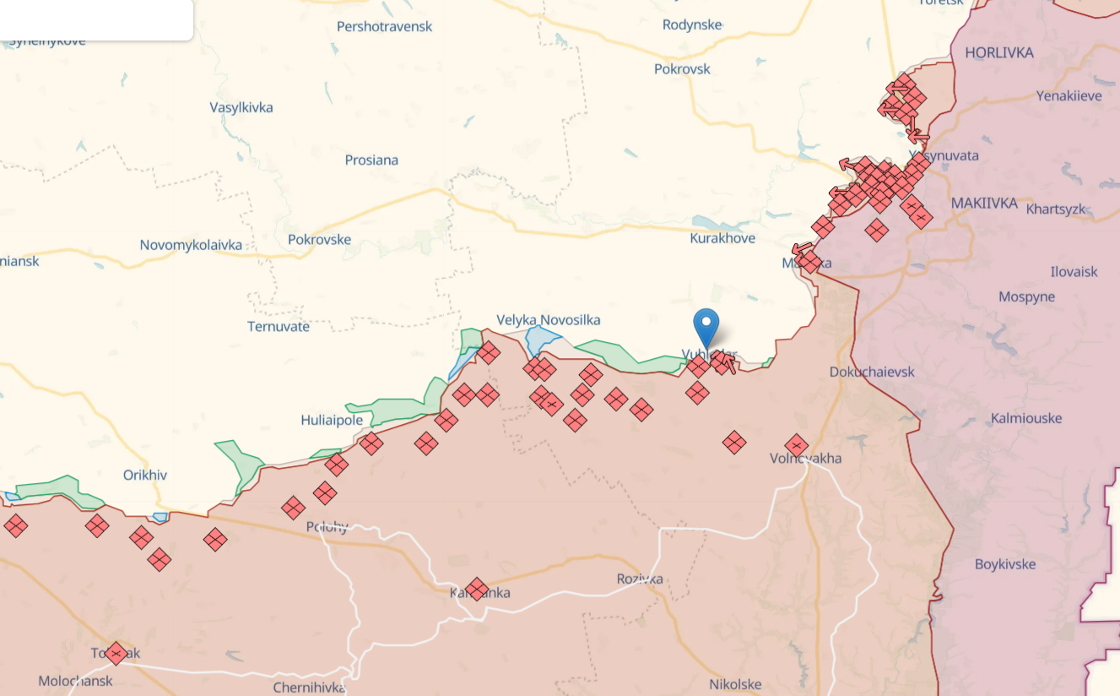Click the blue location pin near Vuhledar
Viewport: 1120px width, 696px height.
pos(706,326)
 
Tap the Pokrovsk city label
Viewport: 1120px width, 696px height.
pos(682,69)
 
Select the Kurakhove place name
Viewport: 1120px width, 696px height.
pos(722,239)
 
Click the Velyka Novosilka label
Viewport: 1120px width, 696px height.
pos(549,319)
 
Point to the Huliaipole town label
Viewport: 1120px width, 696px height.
pos(332,420)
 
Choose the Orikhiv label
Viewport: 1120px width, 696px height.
pos(145,475)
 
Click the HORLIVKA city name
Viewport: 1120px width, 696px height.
pos(998,52)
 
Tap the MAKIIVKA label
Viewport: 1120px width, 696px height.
pos(984,204)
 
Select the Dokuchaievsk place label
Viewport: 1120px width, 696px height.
pos(872,372)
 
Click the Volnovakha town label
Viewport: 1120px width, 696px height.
pos(805,459)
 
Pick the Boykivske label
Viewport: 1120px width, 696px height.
pos(1004,564)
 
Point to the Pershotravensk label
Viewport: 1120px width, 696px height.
pos(384,27)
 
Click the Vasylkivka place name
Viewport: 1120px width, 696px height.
pos(241,107)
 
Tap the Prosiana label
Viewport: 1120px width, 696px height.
pos(371,160)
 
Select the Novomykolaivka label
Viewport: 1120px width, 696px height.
pos(191,245)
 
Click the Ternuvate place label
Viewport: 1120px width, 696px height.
pos(279,326)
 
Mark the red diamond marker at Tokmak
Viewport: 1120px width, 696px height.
pos(116,653)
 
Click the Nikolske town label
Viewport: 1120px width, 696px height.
pos(735,684)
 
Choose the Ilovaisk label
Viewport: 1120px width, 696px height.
pos(1074,272)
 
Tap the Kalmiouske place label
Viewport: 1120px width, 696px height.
pos(1026,418)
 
